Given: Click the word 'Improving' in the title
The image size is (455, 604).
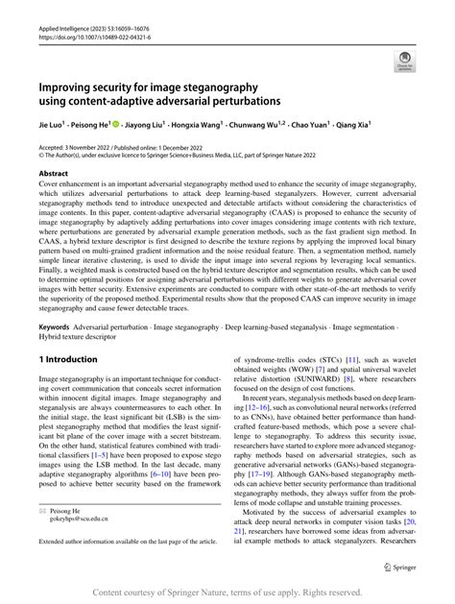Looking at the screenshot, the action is (x=70, y=85).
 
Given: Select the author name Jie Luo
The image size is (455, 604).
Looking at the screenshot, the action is (x=52, y=125).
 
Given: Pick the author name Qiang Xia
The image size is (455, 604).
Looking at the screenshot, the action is (x=354, y=125).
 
